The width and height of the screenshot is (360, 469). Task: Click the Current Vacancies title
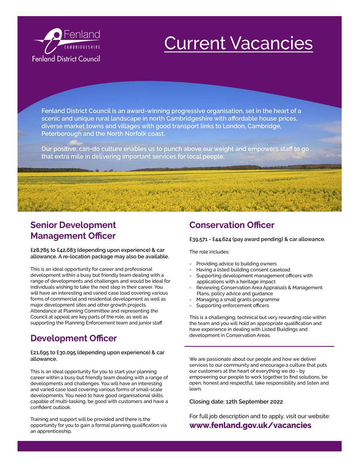click(238, 43)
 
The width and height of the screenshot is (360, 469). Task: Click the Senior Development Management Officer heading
click(73, 230)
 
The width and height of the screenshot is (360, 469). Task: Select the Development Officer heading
click(74, 338)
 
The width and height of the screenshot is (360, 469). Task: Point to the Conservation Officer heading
click(232, 225)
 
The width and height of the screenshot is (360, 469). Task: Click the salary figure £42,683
click(66, 250)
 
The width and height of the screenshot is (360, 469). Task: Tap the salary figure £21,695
click(40, 352)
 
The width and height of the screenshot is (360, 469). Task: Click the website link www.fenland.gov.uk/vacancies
click(250, 425)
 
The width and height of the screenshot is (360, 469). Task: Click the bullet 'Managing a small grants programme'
click(238, 299)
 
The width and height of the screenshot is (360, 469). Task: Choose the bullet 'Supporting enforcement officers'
click(233, 305)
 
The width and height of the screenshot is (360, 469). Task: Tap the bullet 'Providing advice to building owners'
click(236, 264)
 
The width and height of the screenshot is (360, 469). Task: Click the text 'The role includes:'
click(209, 252)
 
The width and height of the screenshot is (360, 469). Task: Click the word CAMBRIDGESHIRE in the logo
click(82, 47)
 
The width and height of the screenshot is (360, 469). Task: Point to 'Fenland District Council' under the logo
click(66, 58)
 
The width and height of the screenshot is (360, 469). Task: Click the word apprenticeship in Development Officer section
click(54, 431)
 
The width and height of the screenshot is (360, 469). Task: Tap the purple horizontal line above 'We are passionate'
click(259, 346)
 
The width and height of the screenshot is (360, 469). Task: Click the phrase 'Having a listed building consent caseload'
click(243, 270)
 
